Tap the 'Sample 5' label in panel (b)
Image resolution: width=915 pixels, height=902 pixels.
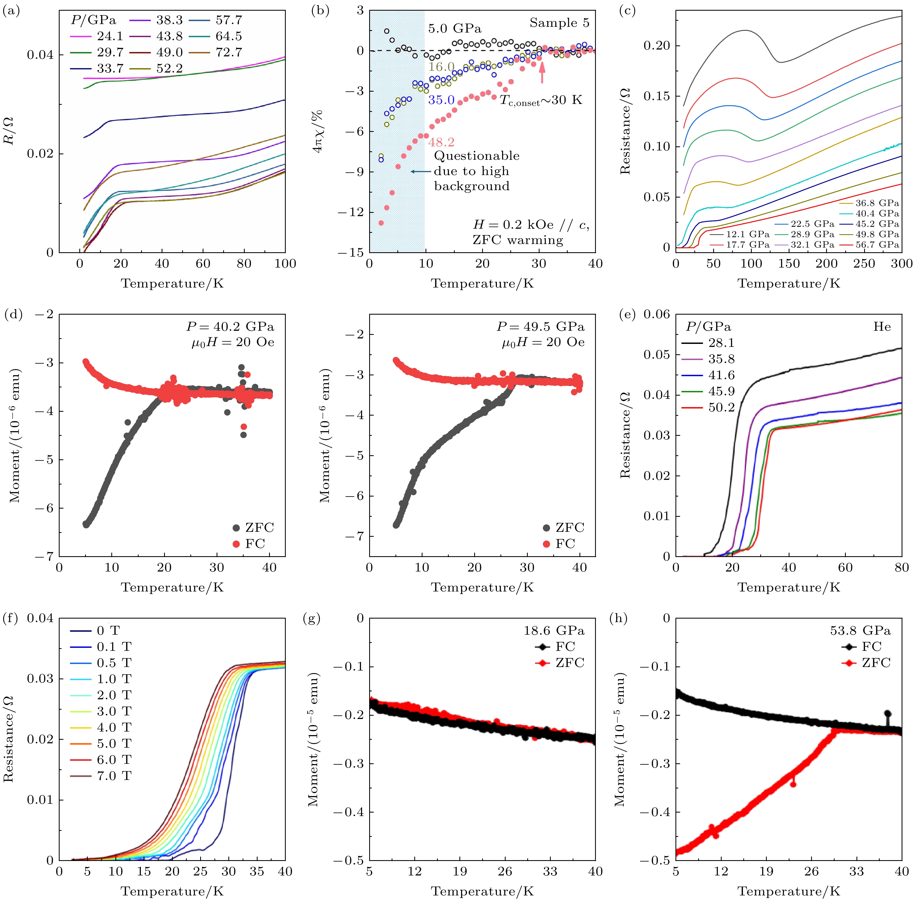(559, 23)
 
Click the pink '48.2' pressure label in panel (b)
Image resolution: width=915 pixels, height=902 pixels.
(441, 142)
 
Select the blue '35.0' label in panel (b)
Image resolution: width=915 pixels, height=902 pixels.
(441, 100)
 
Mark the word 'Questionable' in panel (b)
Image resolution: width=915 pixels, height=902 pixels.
(476, 156)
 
